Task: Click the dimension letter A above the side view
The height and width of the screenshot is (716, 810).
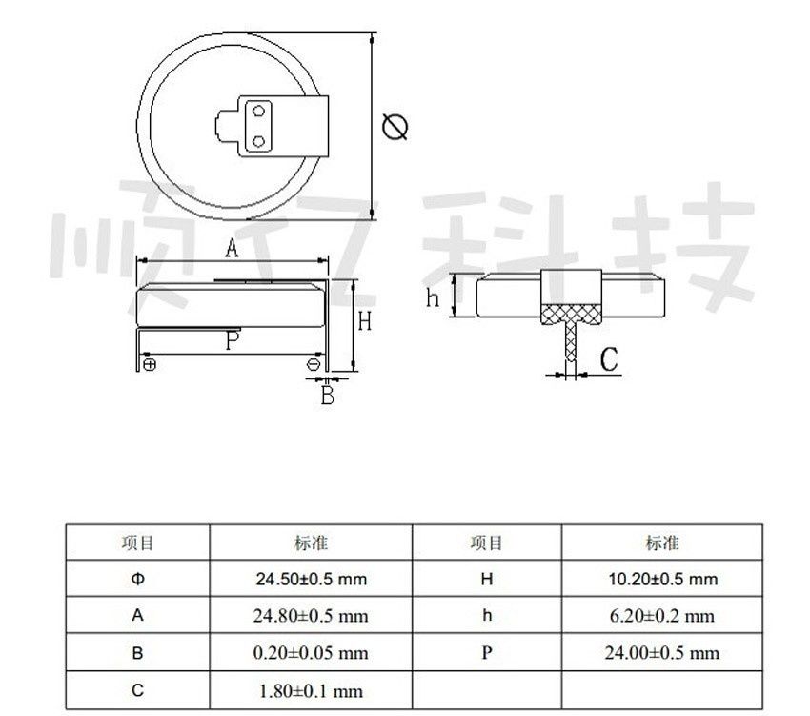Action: (231, 250)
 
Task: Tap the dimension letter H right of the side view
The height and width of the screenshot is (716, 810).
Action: (364, 322)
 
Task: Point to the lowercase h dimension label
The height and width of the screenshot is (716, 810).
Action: (433, 298)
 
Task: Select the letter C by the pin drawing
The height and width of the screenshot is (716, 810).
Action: (609, 359)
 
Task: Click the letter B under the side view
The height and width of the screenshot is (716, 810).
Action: (327, 395)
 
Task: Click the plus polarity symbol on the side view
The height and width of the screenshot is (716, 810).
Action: (150, 364)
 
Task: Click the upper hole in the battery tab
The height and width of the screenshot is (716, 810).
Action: (258, 113)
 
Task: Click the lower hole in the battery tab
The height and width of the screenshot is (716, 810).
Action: (258, 141)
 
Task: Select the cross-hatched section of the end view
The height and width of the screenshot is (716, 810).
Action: (572, 314)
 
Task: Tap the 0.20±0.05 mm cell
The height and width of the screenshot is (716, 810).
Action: (312, 653)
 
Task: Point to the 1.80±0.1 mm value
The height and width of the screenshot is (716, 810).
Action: (312, 690)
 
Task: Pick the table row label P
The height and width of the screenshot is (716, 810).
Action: (487, 653)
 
